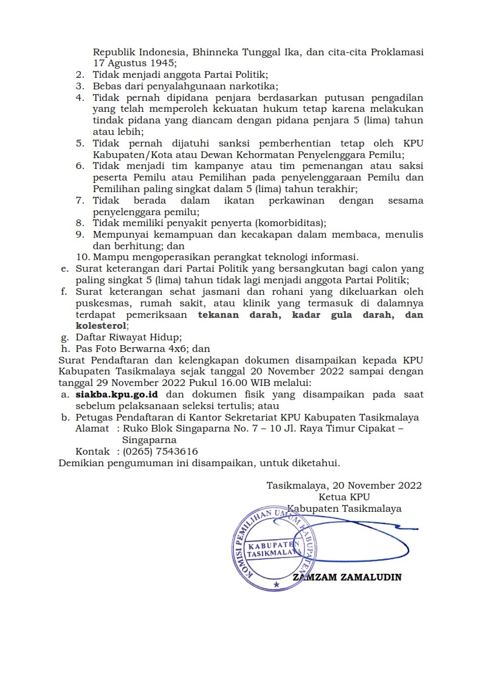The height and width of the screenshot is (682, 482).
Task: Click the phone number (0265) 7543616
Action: (160, 452)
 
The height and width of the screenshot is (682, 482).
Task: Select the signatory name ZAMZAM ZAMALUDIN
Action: (347, 577)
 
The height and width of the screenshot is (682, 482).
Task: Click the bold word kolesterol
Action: (102, 326)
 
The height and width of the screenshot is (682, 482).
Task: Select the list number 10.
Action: (83, 257)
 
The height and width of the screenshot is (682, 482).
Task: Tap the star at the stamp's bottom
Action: (277, 585)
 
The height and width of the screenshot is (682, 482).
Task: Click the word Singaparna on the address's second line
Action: (150, 440)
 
